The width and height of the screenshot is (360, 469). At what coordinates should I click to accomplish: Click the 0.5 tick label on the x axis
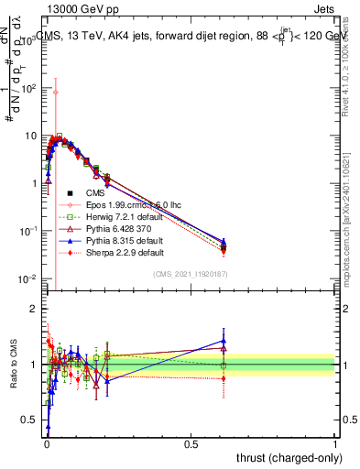coord(191,442)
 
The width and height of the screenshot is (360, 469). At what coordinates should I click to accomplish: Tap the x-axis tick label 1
coord(335,442)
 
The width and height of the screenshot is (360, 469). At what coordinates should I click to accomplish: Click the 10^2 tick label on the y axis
coord(29,89)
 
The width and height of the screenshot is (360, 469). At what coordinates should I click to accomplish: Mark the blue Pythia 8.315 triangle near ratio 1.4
coord(224,341)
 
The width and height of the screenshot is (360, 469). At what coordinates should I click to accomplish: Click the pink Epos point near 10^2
coord(56,92)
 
